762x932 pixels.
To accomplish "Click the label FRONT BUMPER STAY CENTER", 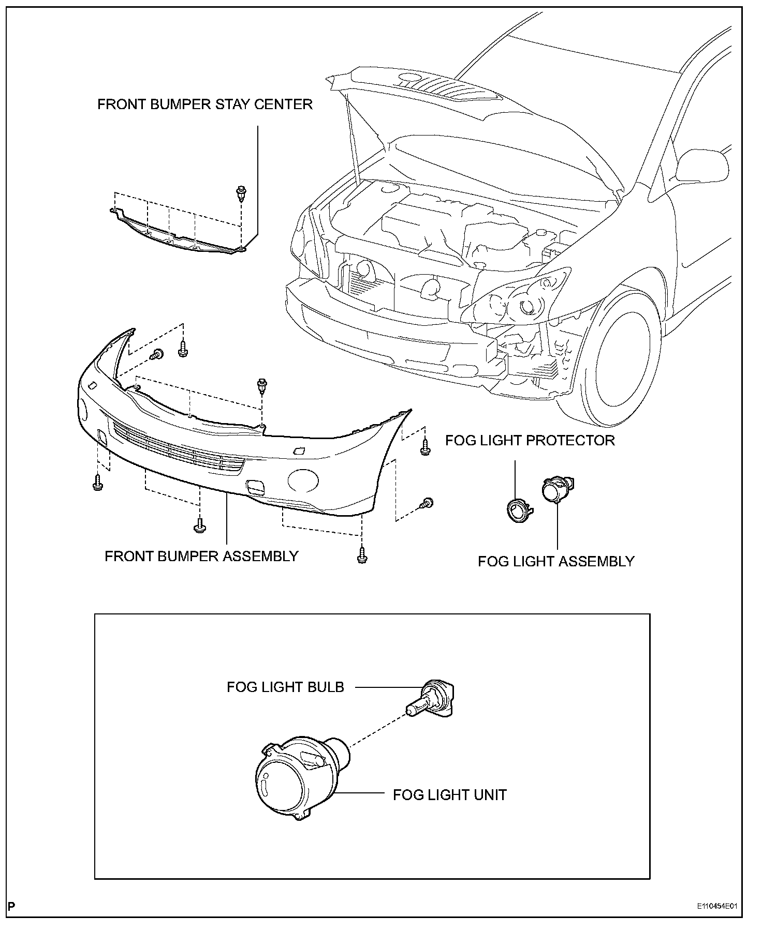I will coord(205,104).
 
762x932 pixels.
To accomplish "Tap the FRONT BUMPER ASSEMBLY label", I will coord(201,556).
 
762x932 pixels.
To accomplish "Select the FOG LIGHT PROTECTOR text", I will coord(530,441).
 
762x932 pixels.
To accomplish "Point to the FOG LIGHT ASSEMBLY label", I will coord(556,561).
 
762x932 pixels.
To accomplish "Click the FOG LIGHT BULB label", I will coord(285,687).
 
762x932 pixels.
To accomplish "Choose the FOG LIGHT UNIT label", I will coord(449,794).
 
